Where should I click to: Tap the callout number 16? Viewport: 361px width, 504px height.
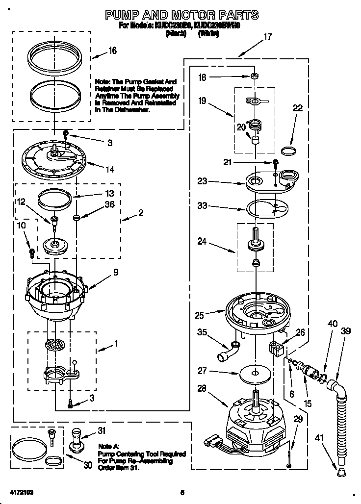112,51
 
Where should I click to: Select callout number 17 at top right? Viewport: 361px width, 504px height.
267,36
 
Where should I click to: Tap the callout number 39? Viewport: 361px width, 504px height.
346,331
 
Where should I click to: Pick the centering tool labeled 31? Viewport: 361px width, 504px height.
77,439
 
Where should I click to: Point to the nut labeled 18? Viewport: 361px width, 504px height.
255,76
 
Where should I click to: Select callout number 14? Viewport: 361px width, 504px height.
109,170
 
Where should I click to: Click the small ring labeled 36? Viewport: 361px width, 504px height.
77,216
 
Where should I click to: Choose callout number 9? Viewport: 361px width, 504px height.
115,272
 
